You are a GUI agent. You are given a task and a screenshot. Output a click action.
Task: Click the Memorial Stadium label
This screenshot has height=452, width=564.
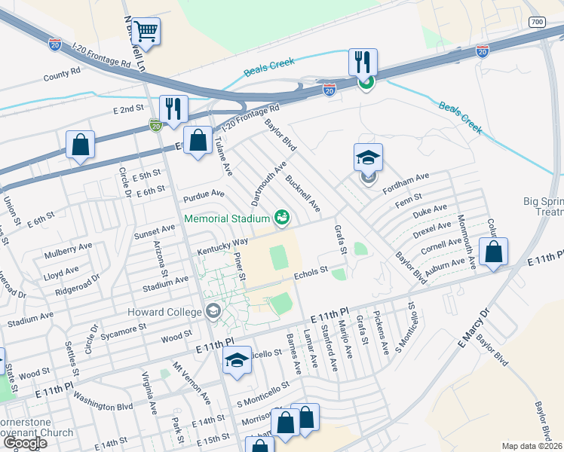(x=227, y=218)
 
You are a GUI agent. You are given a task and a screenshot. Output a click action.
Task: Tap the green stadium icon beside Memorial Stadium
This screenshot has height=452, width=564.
(x=282, y=218)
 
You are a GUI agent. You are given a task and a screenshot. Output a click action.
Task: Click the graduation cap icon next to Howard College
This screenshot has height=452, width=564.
(x=213, y=311)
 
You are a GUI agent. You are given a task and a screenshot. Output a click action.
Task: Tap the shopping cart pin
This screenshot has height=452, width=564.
(x=146, y=32)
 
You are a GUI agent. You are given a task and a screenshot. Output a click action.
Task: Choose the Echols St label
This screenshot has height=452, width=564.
(x=311, y=271)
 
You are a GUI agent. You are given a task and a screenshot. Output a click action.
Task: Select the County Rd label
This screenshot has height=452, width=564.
(x=62, y=74)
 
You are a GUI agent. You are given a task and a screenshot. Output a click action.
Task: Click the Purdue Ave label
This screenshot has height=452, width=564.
(x=204, y=194)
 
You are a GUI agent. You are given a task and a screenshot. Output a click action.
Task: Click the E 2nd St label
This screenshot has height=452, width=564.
(x=128, y=109)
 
